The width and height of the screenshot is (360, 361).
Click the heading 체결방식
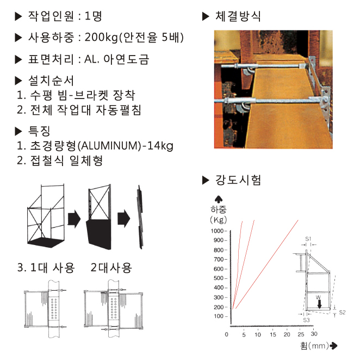(x=238, y=16)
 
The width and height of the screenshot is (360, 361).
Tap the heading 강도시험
(x=238, y=180)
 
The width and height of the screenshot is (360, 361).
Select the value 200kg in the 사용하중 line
(x=101, y=37)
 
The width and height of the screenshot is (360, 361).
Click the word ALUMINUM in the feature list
(x=109, y=146)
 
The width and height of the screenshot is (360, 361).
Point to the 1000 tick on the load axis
(x=217, y=231)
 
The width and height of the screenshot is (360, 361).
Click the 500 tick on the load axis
(x=219, y=278)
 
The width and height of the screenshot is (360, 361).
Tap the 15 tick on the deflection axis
(x=273, y=334)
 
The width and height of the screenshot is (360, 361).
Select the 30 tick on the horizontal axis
(x=314, y=334)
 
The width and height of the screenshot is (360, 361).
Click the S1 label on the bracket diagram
(x=308, y=239)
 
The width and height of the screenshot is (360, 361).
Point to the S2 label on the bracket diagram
(x=342, y=313)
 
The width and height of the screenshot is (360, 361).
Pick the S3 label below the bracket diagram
(x=307, y=320)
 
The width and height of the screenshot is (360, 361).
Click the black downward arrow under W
(x=320, y=304)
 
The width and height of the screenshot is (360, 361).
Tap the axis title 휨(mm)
(x=314, y=346)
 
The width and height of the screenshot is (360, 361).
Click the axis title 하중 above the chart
(x=219, y=209)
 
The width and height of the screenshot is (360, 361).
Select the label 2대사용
(x=111, y=268)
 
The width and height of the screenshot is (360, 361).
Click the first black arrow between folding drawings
(x=74, y=219)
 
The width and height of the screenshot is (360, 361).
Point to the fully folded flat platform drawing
(x=140, y=217)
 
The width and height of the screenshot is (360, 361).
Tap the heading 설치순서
(x=51, y=81)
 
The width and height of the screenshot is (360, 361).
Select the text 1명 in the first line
(x=94, y=16)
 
